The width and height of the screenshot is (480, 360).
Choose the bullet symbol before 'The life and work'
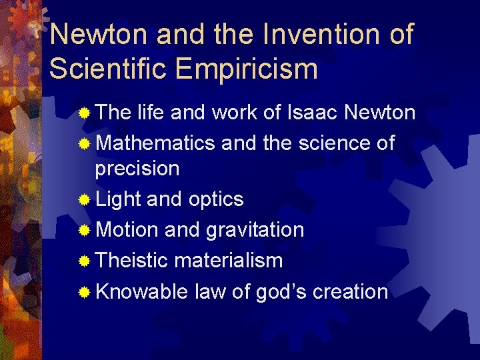coord(84,114)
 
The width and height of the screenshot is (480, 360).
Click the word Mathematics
coord(155,143)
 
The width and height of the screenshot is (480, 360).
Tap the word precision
coord(137,168)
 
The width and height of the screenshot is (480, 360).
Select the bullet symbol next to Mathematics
coord(84,143)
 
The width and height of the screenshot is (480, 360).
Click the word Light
coord(119,199)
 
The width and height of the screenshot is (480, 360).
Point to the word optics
coord(216,199)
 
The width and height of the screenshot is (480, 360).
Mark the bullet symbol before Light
coord(84,199)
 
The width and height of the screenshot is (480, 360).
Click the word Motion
coord(127,230)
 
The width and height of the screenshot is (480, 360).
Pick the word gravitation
coord(255,230)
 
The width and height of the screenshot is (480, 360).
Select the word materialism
coord(228,260)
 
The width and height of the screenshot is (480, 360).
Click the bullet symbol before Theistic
coord(84,261)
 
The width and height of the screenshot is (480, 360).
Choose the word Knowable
coord(141,291)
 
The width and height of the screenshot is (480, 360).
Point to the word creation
coord(350,291)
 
